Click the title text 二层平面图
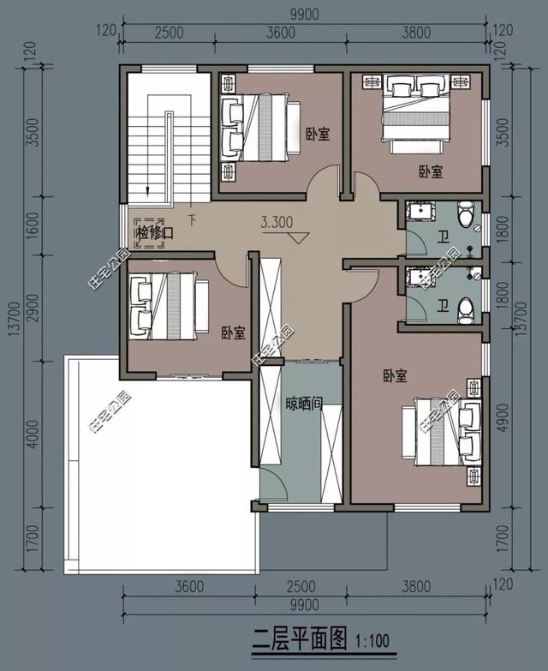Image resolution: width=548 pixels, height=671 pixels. [300, 638]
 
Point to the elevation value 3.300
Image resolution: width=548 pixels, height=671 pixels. [277, 222]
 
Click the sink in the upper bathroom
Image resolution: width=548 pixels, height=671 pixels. [421, 211]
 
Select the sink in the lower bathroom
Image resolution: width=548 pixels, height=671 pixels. [421, 277]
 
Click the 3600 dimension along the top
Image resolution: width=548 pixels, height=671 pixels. [280, 33]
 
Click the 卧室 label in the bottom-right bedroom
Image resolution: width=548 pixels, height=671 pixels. [395, 375]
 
